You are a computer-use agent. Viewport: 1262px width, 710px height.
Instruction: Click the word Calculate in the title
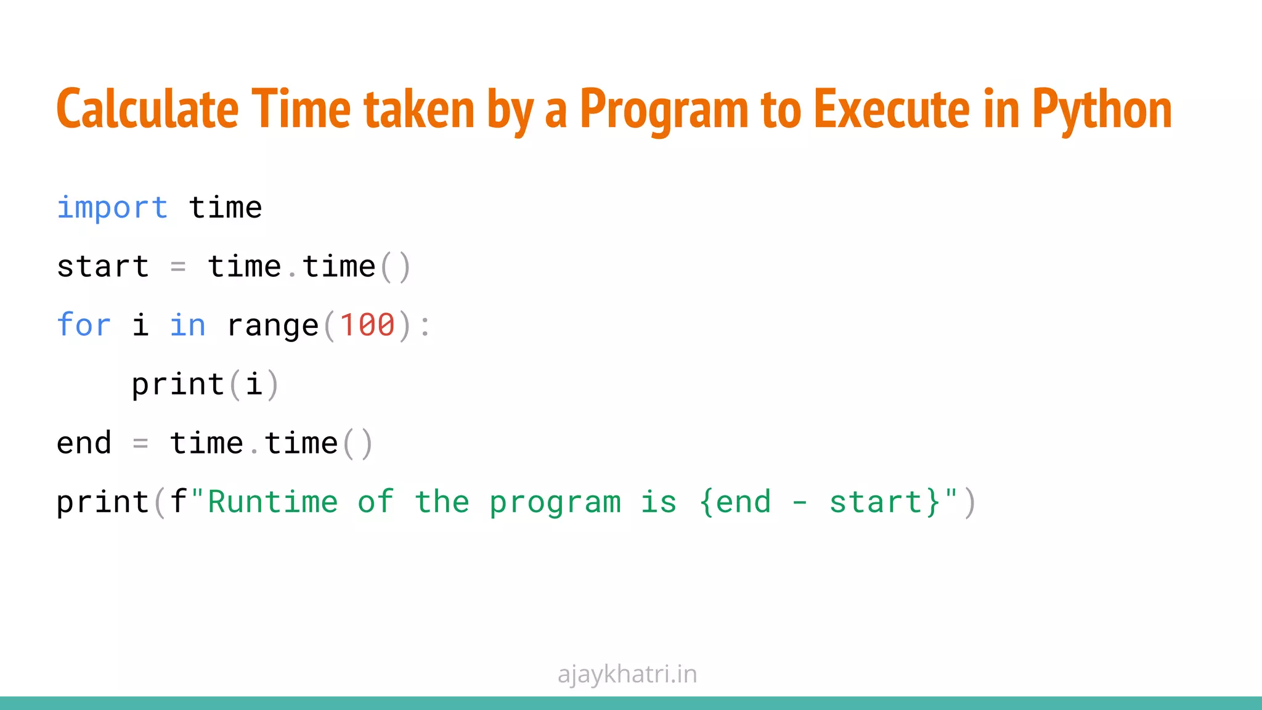(147, 110)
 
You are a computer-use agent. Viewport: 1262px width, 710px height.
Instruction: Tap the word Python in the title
(1102, 110)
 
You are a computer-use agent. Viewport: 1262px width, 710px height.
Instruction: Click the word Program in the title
(664, 110)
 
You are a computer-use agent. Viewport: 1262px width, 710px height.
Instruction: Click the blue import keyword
(112, 208)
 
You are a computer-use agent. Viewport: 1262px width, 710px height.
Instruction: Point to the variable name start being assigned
(103, 267)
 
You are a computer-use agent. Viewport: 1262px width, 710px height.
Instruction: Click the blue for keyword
(84, 325)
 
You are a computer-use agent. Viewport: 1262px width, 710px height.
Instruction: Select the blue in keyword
(187, 325)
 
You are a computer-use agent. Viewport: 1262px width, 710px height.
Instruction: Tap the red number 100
(367, 325)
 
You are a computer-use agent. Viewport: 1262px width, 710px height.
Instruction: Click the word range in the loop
(273, 325)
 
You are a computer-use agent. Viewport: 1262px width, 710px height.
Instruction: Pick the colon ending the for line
(425, 326)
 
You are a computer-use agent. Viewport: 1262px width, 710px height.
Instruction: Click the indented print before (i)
(178, 385)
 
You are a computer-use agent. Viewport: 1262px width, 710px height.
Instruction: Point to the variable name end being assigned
(84, 444)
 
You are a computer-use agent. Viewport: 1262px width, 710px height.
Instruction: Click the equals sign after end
(140, 444)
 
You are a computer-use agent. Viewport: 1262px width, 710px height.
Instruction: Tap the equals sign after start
(178, 267)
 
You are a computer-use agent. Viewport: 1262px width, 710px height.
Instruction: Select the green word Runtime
(273, 502)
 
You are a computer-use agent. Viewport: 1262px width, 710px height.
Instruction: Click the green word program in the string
(555, 503)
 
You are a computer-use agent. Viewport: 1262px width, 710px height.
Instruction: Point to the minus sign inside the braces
(799, 503)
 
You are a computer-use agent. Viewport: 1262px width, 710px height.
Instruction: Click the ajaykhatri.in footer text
(627, 674)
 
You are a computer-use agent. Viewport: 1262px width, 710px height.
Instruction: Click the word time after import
(226, 208)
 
